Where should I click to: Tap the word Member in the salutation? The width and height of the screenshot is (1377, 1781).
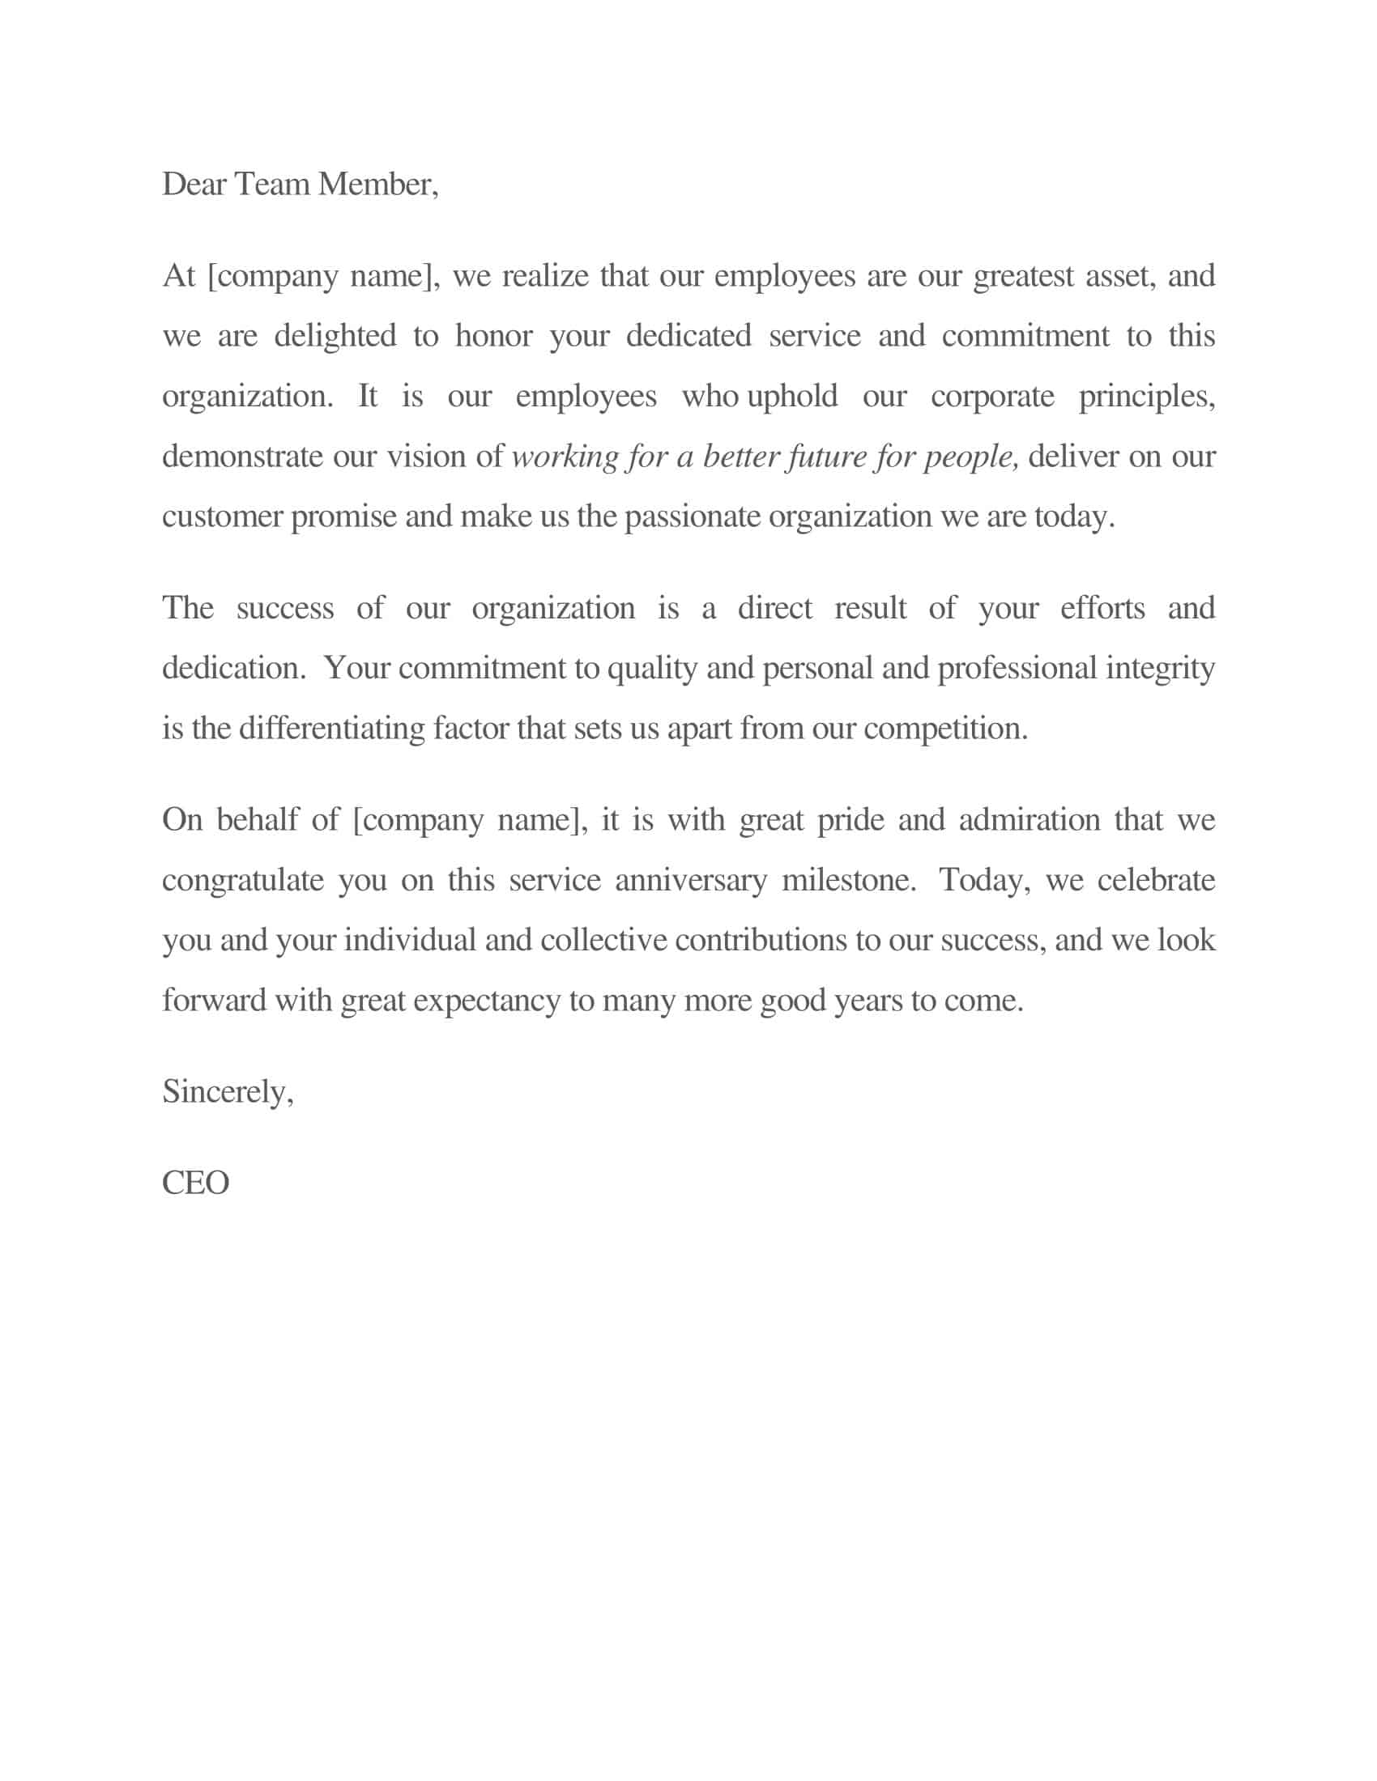[377, 185]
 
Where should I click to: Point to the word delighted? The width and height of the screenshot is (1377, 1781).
[335, 336]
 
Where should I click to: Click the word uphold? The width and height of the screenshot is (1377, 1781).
[791, 397]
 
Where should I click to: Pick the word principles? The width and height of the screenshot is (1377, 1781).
[1146, 397]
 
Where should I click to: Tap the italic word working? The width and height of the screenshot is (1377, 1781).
[565, 457]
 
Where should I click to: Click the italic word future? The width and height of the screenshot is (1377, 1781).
[824, 457]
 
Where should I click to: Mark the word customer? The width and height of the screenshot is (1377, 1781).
[222, 517]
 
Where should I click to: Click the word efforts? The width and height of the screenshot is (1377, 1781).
[1102, 608]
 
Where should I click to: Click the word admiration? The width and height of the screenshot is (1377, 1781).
[1029, 819]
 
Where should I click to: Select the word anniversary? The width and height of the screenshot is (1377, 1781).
[690, 881]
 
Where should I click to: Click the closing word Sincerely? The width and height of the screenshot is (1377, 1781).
[228, 1092]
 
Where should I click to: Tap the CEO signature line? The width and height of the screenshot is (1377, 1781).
[196, 1184]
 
